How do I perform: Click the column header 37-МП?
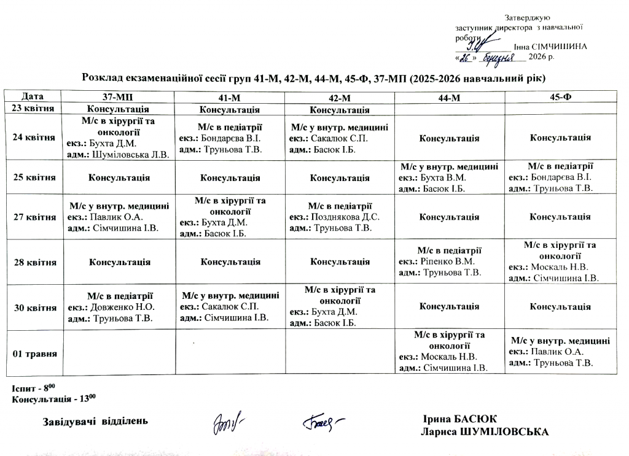(120, 98)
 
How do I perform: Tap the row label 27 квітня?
(34, 216)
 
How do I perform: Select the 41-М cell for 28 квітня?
(230, 262)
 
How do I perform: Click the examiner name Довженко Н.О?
(122, 307)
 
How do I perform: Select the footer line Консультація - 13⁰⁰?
(55, 399)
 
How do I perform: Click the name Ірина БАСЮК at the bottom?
(460, 419)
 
